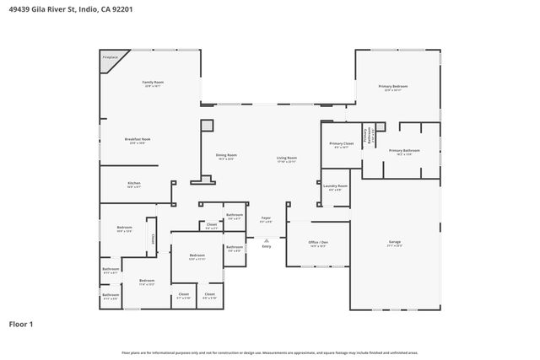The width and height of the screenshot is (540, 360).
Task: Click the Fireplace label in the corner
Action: (x=110, y=57)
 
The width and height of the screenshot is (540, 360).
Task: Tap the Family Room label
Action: (x=153, y=82)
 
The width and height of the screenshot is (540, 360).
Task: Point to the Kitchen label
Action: (x=133, y=183)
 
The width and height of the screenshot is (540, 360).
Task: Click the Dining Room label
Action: (x=226, y=155)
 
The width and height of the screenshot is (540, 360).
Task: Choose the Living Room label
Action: (x=287, y=158)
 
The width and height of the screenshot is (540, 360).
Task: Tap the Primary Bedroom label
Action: (x=393, y=86)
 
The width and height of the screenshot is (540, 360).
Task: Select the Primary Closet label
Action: (x=342, y=144)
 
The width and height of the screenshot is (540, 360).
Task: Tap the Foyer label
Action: (x=265, y=218)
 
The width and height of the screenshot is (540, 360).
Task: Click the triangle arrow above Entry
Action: (x=267, y=239)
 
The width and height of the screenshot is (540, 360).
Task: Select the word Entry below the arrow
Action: (x=267, y=246)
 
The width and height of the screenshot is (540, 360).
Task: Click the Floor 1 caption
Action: (x=21, y=323)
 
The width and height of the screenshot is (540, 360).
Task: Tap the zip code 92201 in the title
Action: (x=120, y=9)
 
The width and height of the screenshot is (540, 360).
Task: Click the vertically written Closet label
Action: (x=153, y=239)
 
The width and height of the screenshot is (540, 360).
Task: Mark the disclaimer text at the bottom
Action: (x=269, y=352)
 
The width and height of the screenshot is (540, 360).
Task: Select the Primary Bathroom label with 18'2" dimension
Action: (x=404, y=151)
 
